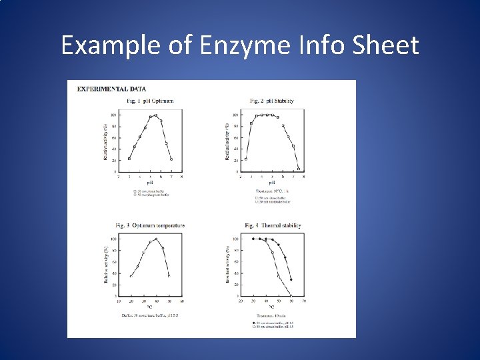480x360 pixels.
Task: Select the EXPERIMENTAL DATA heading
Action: [x=112, y=89]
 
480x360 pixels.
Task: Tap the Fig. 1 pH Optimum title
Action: [x=150, y=101]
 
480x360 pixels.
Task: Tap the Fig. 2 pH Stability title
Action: [x=271, y=101]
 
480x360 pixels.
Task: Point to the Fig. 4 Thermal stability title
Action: [x=273, y=225]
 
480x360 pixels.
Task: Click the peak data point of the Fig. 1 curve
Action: [x=155, y=115]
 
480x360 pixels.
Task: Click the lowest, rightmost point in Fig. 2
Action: [x=298, y=168]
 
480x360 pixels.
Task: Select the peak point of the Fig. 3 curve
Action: [x=156, y=239]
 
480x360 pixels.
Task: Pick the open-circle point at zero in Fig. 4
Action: [x=291, y=295]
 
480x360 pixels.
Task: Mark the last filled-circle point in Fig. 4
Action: [x=291, y=279]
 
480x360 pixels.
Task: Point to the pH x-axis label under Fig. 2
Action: [x=271, y=182]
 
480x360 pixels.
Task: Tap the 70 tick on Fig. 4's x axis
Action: [x=303, y=301]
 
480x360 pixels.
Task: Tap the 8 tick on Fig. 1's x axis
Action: [x=181, y=177]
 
